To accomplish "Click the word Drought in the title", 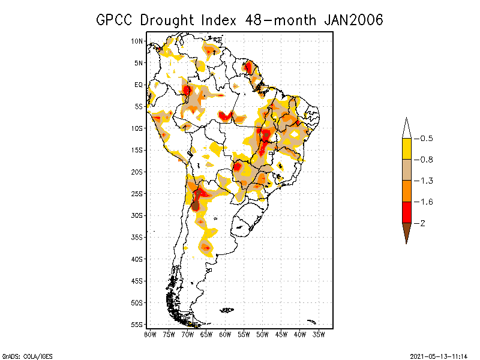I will [x=164, y=20].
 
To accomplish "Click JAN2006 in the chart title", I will [x=353, y=20].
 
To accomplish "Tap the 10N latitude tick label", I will [x=137, y=41].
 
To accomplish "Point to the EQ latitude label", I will [x=139, y=85].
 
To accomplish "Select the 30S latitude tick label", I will [x=137, y=215].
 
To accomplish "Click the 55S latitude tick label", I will [x=137, y=324].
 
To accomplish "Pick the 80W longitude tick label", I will [x=150, y=334].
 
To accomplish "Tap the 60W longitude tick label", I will [x=225, y=334].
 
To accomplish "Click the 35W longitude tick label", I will [x=319, y=334].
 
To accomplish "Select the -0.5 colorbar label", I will [x=426, y=139].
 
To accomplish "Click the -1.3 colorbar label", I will [x=426, y=181].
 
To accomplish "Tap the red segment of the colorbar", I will [x=406, y=212].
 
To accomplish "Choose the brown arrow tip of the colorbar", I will [x=406, y=230].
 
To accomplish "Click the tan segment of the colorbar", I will [x=406, y=170].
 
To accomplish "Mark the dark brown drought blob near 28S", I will [x=195, y=205].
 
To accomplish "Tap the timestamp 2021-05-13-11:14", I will [x=439, y=355].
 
